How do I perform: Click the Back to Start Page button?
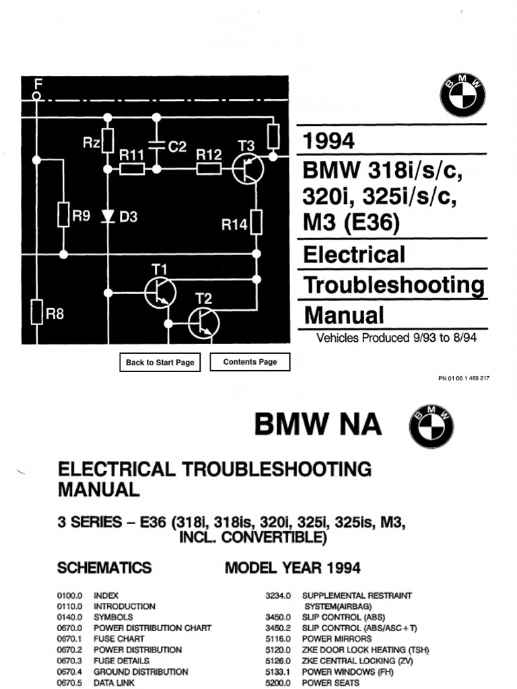point(160,362)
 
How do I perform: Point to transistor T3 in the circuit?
point(248,167)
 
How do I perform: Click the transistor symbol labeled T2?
point(204,322)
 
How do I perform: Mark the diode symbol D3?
point(106,216)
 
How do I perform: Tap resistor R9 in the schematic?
point(63,214)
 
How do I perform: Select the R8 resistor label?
point(55,314)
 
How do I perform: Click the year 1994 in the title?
point(329,141)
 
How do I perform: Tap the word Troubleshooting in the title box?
point(394,285)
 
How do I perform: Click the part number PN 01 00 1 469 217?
point(464,378)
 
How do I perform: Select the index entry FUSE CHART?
point(118,639)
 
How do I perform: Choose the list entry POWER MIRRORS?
point(335,639)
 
